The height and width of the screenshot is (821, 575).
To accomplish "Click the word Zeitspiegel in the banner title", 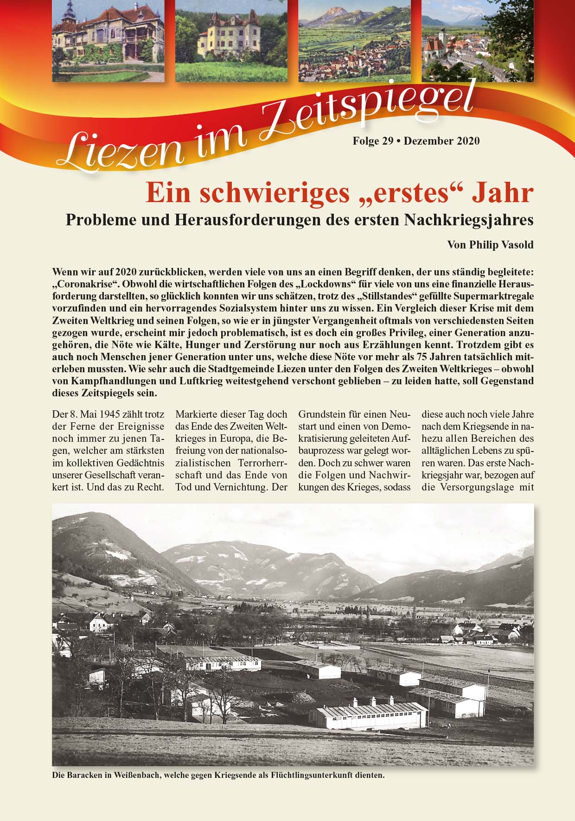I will pyautogui.click(x=366, y=111).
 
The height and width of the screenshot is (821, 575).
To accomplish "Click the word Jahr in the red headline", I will pyautogui.click(x=503, y=193).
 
